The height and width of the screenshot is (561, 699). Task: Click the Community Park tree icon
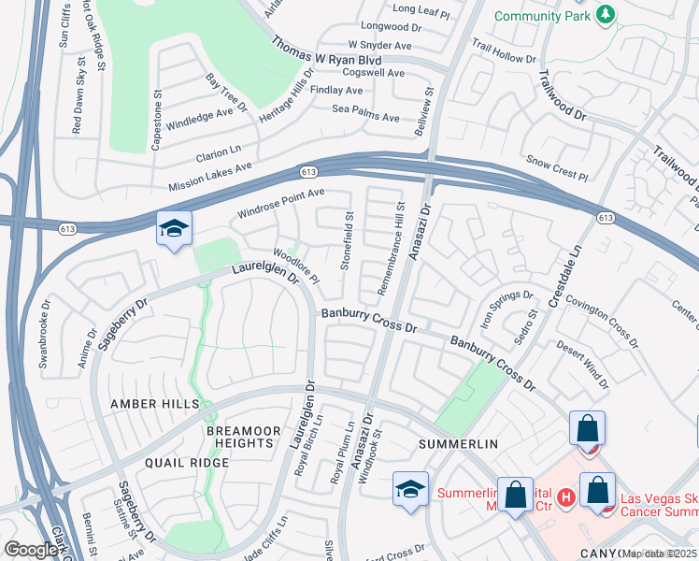tap(606, 15)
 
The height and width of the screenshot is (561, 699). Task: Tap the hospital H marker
tap(564, 497)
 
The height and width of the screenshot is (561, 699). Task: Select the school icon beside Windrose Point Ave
tap(174, 230)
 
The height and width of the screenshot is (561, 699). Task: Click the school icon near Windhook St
tap(410, 489)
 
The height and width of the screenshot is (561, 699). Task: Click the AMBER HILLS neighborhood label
tap(155, 403)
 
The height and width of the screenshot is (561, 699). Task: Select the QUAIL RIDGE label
tap(187, 463)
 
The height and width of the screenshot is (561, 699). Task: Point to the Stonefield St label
tap(347, 241)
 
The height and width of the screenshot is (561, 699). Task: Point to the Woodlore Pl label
tap(296, 266)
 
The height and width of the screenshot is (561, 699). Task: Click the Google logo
tap(31, 550)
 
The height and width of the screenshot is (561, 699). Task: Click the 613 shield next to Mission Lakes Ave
tap(307, 173)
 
